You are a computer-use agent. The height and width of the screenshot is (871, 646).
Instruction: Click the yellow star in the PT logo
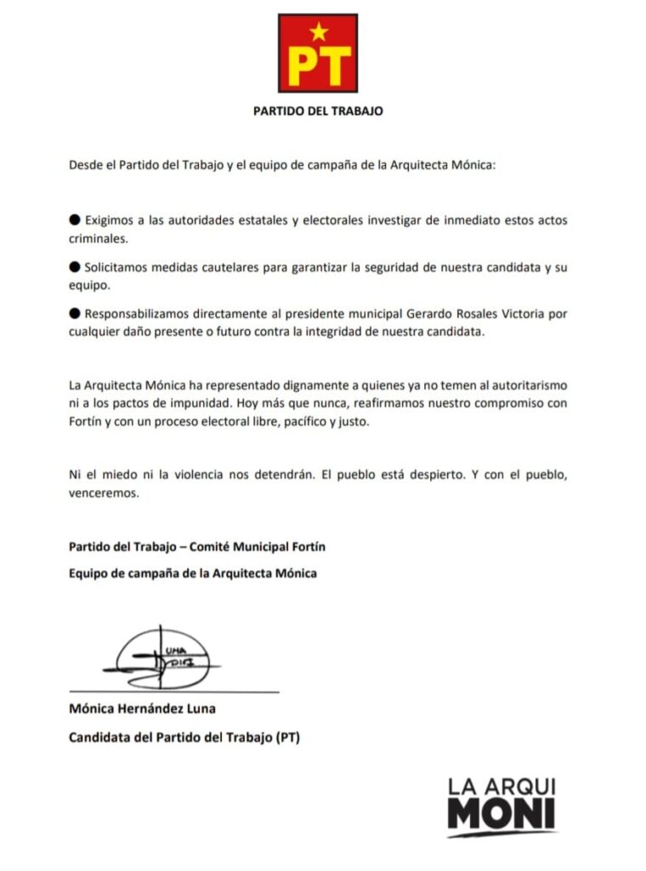coord(318,32)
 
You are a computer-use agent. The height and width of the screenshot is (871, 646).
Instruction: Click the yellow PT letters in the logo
coord(318,65)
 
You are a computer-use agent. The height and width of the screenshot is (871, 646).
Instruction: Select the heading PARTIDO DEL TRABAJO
coord(318,111)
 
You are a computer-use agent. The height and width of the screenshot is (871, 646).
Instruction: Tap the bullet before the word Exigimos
coord(74,220)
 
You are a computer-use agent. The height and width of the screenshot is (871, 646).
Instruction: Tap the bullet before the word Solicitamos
coord(74,267)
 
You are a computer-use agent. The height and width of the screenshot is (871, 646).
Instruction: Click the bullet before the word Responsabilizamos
coord(74,313)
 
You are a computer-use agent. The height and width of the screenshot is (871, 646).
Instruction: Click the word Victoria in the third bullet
coord(519,313)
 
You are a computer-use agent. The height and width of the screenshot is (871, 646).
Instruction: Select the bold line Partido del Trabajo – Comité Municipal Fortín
coord(196,546)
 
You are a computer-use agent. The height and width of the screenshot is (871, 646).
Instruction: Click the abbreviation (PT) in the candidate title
coord(287,737)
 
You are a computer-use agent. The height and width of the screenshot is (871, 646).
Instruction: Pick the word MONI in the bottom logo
coord(501,817)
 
